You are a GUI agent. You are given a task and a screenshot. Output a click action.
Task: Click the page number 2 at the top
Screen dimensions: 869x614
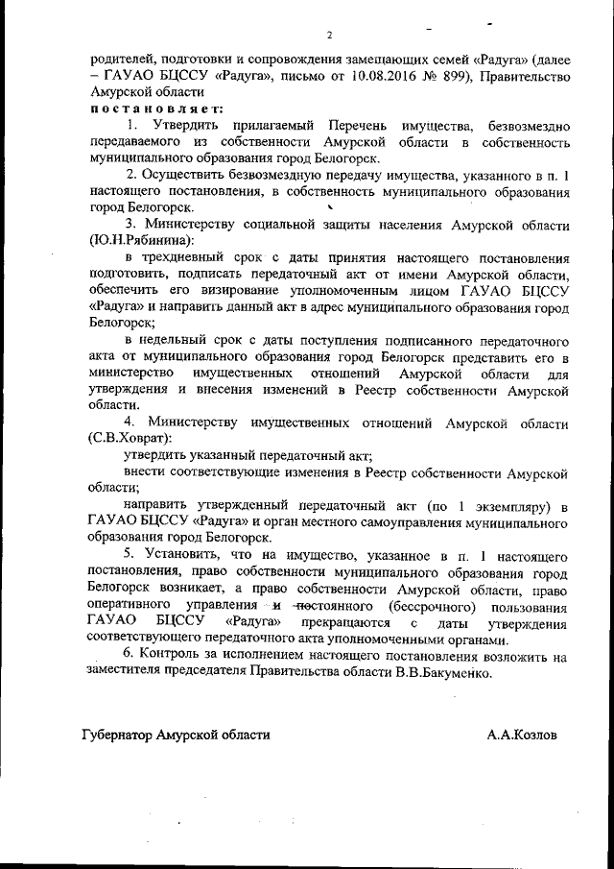click(328, 36)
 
